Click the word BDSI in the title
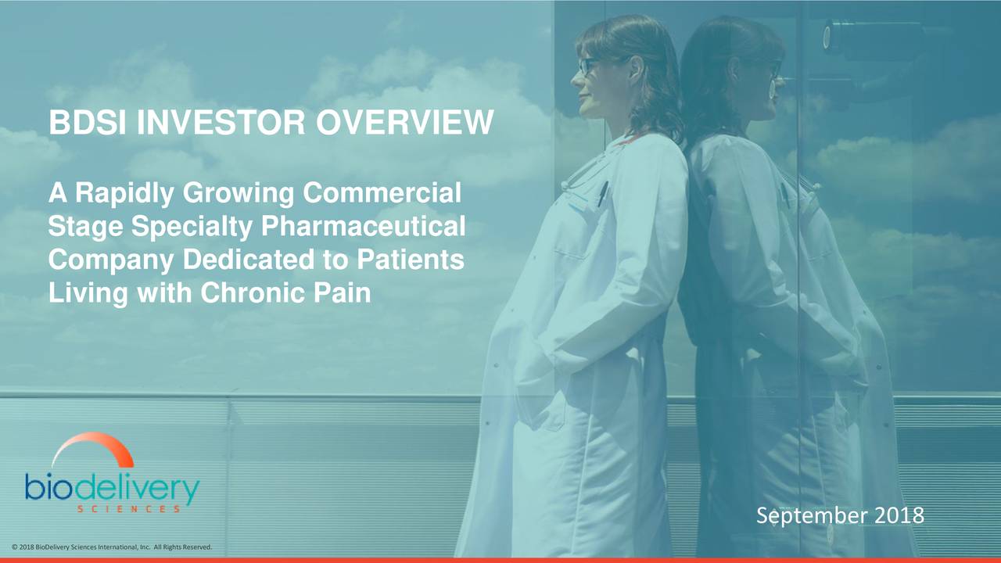[x=87, y=122]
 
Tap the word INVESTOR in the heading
[x=221, y=122]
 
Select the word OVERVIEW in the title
[x=405, y=122]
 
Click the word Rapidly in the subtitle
[x=124, y=194]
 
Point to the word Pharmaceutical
[x=364, y=226]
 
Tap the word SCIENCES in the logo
[x=129, y=509]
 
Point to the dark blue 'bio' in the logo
[x=48, y=486]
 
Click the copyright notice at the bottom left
[x=112, y=547]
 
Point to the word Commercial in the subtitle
[x=382, y=192]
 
